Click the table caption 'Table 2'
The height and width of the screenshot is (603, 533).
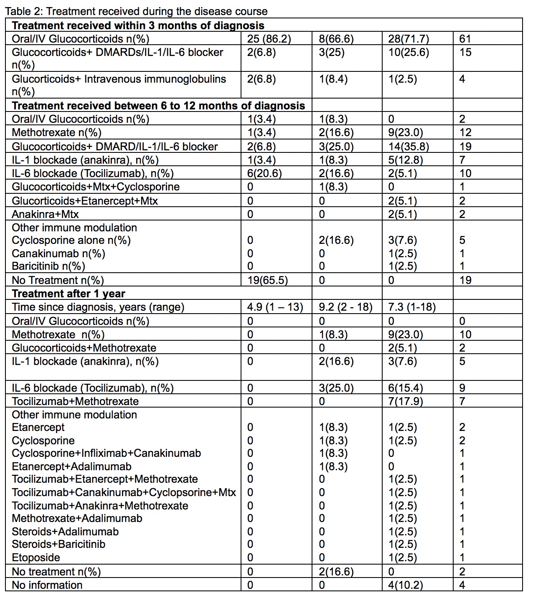[x=136, y=11]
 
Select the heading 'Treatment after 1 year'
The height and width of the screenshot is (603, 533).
[x=69, y=294]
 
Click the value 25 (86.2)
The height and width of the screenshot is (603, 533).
[x=269, y=39]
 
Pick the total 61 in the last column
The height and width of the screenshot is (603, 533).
[x=464, y=39]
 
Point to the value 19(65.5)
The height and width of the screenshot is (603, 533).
[x=267, y=280]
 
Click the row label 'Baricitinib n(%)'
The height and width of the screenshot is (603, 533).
[x=48, y=266]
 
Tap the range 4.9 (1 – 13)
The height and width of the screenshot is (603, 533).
[x=275, y=307]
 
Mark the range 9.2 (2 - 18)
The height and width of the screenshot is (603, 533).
[x=346, y=307]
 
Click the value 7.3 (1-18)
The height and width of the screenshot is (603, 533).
[x=412, y=307]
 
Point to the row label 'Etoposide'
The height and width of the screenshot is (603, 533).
[x=36, y=557]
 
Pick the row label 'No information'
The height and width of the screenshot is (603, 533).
[x=47, y=585]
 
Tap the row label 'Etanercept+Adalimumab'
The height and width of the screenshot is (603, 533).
[x=71, y=466]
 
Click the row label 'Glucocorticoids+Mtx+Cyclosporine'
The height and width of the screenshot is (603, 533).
[x=96, y=187]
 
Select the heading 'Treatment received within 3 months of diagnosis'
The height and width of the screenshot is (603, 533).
[x=138, y=25]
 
